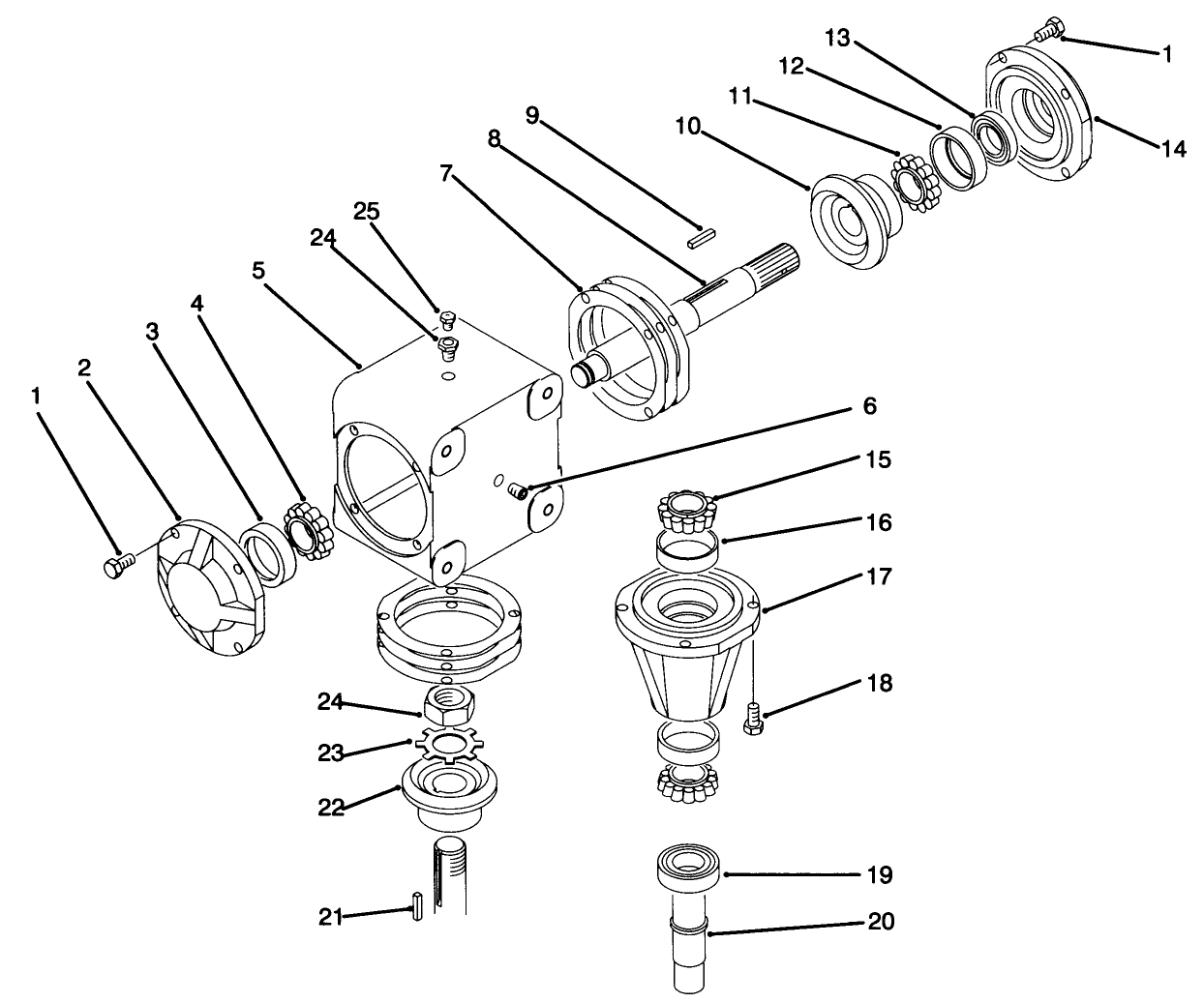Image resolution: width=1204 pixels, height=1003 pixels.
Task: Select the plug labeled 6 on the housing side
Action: (x=518, y=491)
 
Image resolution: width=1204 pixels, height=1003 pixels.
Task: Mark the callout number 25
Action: (x=368, y=211)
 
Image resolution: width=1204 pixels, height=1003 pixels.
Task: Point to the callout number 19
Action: (x=880, y=875)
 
